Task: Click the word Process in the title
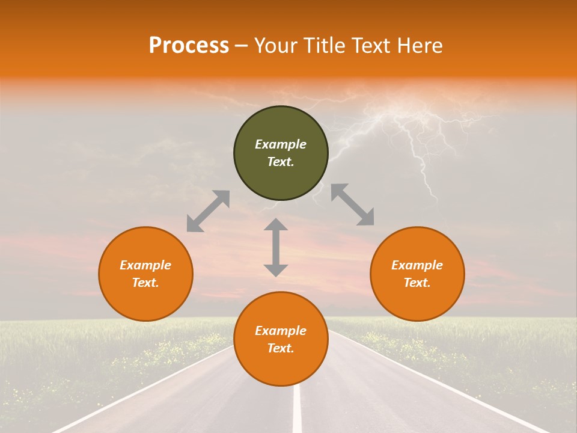[189, 46]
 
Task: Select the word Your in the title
[277, 46]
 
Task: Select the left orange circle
[145, 301]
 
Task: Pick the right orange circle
[417, 301]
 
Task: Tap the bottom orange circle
[281, 367]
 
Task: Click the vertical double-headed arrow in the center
[276, 247]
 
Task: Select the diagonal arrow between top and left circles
[208, 211]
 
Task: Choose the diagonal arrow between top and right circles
[352, 204]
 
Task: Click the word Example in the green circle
[281, 144]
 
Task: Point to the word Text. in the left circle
[145, 283]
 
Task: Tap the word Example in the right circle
[417, 265]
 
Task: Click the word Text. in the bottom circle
[281, 348]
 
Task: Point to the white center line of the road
[297, 409]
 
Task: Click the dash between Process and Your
[242, 46]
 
